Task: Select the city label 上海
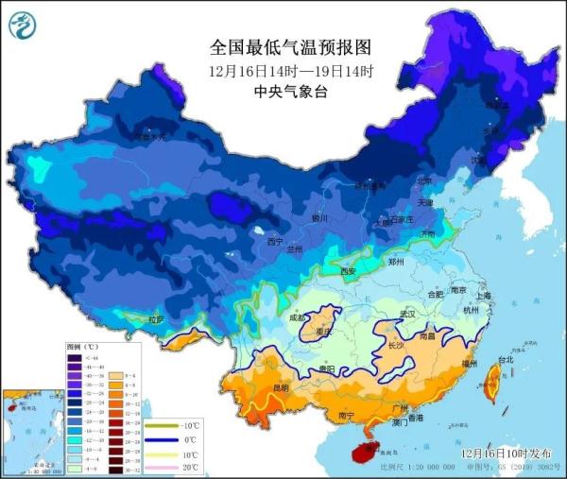484,296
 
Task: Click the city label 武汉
407,313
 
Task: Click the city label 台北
505,360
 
